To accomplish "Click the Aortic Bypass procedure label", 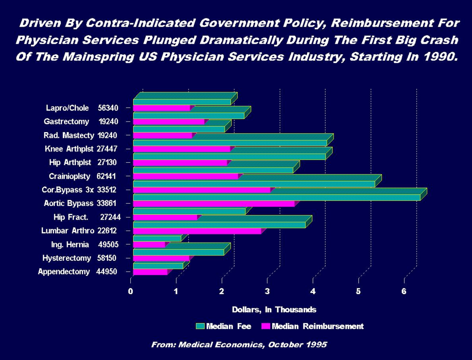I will [68, 203].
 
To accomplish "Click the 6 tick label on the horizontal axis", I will [404, 291].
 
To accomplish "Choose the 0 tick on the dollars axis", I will [131, 291].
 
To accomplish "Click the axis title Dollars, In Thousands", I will [274, 309].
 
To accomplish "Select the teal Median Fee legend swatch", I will [200, 326].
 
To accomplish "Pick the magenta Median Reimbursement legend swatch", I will [265, 326].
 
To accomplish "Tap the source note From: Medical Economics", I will [239, 344].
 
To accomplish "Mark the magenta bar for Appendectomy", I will [150, 272].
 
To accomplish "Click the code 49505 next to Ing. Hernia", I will [108, 244].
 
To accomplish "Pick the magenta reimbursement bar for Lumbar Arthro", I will [196, 231].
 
